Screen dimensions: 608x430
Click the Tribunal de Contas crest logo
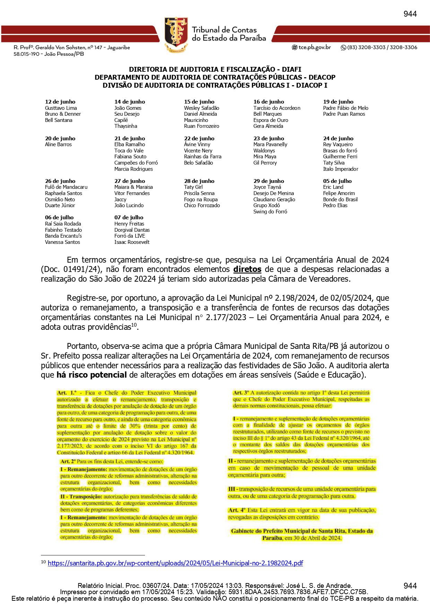(x=176, y=35)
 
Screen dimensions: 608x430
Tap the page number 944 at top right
(x=410, y=14)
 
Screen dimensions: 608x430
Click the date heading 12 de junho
(x=60, y=102)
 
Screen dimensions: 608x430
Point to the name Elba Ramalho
(x=130, y=144)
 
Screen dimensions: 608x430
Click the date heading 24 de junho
(x=338, y=139)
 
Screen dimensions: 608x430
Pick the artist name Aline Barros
(x=58, y=144)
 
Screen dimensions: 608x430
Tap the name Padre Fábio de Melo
(x=345, y=108)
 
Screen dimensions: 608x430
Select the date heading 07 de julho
(x=129, y=218)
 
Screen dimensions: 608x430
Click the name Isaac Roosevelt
(x=132, y=242)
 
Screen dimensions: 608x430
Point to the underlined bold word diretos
(x=247, y=269)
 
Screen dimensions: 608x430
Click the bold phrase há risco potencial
(x=92, y=375)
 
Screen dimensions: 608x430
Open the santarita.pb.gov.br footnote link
(x=175, y=563)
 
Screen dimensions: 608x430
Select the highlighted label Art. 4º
(x=238, y=510)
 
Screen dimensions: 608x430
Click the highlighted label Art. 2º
(x=68, y=461)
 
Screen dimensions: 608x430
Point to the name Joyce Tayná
(x=267, y=187)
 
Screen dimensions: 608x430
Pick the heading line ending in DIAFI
(x=215, y=69)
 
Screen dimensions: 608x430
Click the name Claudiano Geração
(x=274, y=200)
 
